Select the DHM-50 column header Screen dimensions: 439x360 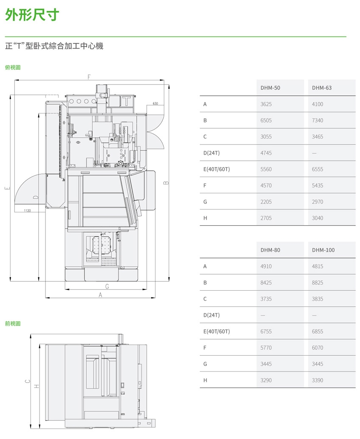point(270,88)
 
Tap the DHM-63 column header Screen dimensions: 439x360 point(322,88)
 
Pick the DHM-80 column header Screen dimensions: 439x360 point(270,250)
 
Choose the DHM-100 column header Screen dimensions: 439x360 point(323,250)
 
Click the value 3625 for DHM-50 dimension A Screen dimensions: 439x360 point(266,104)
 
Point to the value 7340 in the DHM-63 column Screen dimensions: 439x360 point(317,120)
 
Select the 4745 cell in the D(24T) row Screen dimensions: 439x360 point(266,153)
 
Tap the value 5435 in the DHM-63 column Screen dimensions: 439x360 point(317,185)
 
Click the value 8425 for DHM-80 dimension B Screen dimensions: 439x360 point(266,283)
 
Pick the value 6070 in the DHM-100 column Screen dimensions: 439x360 point(317,348)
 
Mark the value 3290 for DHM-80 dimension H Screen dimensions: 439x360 point(266,380)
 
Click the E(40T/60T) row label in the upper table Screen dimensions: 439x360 point(217,169)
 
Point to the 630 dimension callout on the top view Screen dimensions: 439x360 point(155,104)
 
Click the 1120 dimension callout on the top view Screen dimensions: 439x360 point(27,210)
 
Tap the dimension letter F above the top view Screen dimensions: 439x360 point(89,77)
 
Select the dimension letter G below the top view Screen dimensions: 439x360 point(107,286)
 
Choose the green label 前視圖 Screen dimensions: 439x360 point(13,323)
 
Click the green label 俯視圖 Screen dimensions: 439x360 point(13,67)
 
